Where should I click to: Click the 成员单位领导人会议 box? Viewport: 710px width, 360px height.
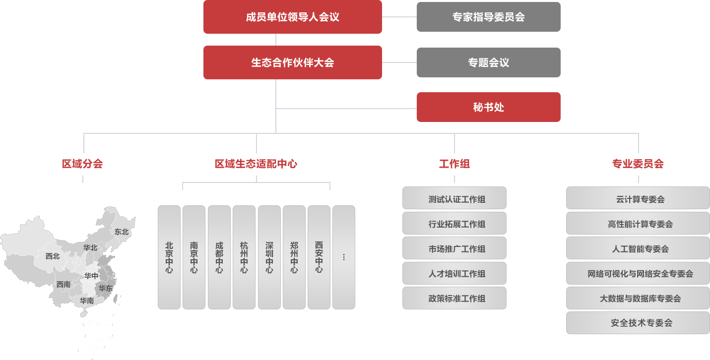[293, 17]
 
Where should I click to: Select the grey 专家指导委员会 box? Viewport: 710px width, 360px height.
[489, 17]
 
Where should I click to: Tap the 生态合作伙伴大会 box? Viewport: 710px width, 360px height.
[293, 62]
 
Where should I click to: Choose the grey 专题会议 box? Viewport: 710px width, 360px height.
[489, 62]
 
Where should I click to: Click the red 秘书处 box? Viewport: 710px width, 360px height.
[489, 107]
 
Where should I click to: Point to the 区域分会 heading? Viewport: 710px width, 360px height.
[83, 164]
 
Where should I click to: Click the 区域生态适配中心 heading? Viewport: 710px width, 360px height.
[256, 164]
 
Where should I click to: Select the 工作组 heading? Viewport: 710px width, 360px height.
[454, 164]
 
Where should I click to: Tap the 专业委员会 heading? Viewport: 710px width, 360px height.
[638, 164]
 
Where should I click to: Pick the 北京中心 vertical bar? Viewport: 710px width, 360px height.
[169, 257]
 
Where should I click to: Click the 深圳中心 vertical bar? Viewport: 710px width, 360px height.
[269, 257]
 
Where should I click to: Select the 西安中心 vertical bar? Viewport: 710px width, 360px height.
[319, 257]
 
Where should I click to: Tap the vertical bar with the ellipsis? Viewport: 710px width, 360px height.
[344, 257]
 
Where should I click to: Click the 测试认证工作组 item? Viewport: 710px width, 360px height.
[454, 199]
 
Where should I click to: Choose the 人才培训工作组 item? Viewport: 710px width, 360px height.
[454, 274]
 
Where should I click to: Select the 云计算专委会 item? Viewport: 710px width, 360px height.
[638, 199]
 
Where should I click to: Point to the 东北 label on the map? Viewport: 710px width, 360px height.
[122, 232]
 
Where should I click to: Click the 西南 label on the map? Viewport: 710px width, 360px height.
[64, 285]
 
